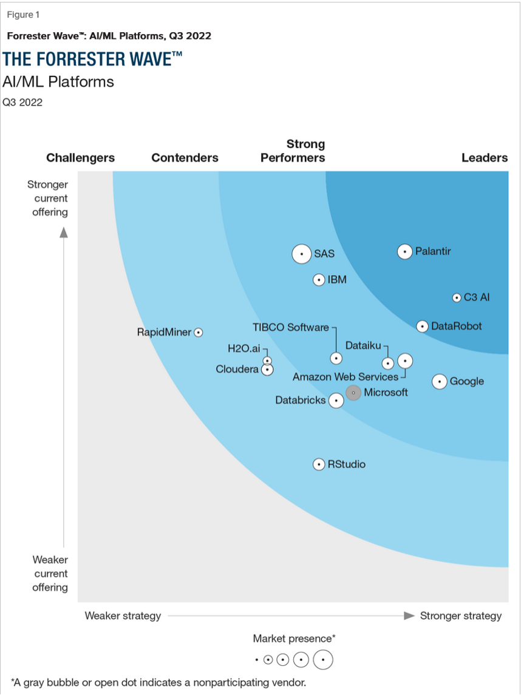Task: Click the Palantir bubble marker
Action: coord(405,251)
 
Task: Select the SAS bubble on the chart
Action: coord(301,254)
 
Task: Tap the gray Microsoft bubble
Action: coord(353,393)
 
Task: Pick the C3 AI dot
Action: coord(457,297)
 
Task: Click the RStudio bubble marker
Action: coord(319,464)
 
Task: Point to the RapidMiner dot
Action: coord(198,333)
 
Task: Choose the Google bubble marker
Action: coord(440,381)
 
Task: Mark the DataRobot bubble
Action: coord(422,326)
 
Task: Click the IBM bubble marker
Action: coord(319,280)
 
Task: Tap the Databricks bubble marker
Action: coord(336,401)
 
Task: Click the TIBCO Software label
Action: coord(291,327)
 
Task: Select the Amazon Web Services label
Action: coord(346,377)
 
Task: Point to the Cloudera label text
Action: coord(237,369)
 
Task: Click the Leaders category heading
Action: coord(484,158)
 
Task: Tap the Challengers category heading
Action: coord(80,158)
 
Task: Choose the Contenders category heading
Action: coord(185,158)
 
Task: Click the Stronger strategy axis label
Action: coord(461,616)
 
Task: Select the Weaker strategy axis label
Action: coord(123,616)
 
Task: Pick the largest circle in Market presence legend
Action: coord(323,659)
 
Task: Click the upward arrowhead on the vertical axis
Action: coord(64,231)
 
